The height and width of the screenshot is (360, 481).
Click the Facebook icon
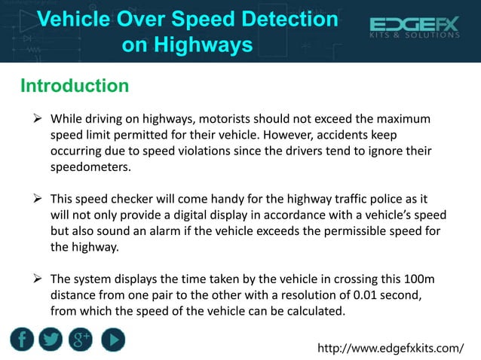(x=22, y=339)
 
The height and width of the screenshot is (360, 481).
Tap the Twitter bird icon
(x=51, y=339)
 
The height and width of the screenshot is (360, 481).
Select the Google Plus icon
(x=81, y=339)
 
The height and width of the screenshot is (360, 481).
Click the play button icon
(x=112, y=339)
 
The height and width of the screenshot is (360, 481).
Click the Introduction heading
(x=75, y=86)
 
